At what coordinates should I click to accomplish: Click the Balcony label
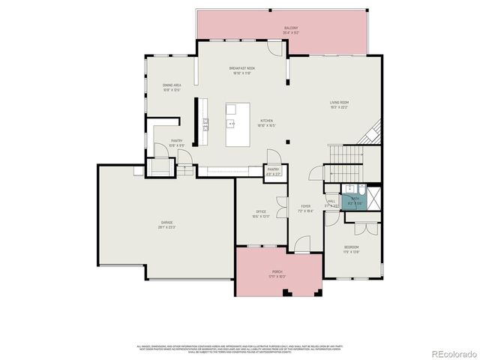tap(291, 30)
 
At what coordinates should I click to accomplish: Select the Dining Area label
tap(172, 88)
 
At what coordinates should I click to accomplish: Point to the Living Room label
tap(340, 104)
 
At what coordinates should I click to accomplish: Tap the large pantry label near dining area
tap(176, 142)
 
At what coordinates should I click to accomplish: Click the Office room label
tap(261, 214)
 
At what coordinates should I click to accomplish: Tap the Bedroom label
tap(351, 250)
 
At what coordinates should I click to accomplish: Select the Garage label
tap(166, 224)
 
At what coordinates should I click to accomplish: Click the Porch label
tap(277, 274)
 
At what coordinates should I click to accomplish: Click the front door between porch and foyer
tap(302, 245)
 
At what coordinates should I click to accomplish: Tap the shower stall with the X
tap(373, 196)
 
